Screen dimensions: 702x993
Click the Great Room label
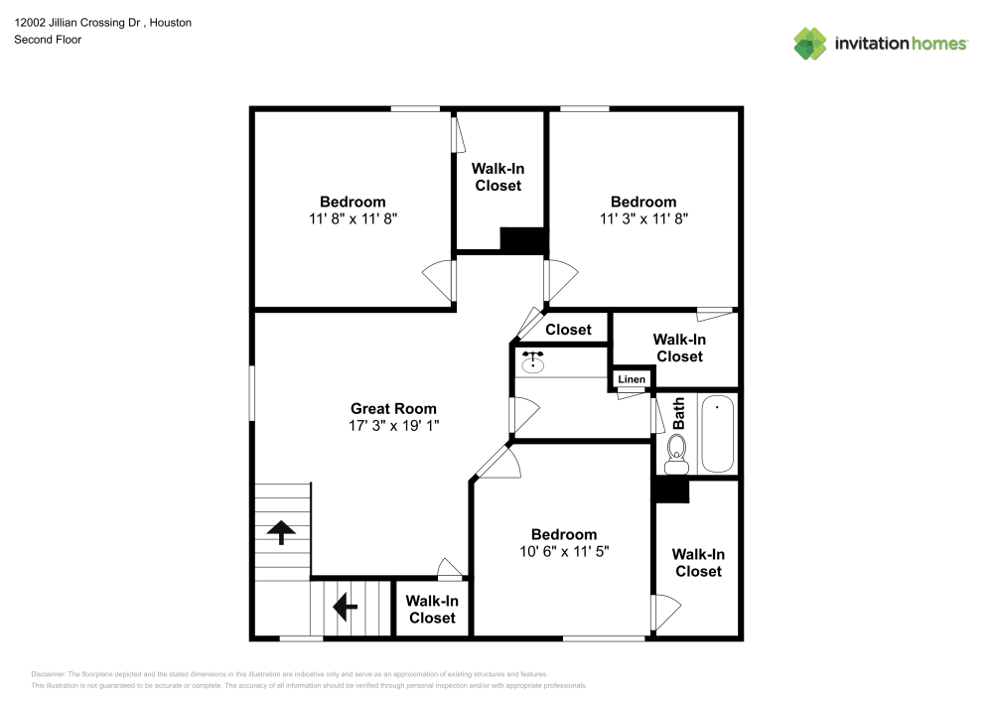coord(393,408)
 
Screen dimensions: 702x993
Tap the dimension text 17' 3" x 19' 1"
coord(393,425)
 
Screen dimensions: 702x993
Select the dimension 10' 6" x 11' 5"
coord(563,550)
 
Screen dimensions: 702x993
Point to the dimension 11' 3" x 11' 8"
coord(643,218)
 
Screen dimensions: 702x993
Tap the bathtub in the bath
coord(717,435)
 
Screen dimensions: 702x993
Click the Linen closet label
coord(632,379)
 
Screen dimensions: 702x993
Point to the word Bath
coord(679,414)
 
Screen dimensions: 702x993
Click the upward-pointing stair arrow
coord(281,532)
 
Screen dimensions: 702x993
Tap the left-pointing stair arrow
coord(346,604)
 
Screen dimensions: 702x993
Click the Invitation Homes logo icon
coord(810,44)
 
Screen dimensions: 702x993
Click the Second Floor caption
coord(48,40)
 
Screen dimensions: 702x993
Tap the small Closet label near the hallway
coord(568,330)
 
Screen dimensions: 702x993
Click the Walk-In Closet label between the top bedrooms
coord(497,177)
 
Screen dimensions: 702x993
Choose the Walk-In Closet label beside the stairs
coord(432,609)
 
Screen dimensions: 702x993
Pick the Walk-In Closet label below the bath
coord(698,562)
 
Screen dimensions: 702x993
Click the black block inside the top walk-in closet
coord(523,239)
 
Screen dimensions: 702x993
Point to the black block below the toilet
coord(670,490)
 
